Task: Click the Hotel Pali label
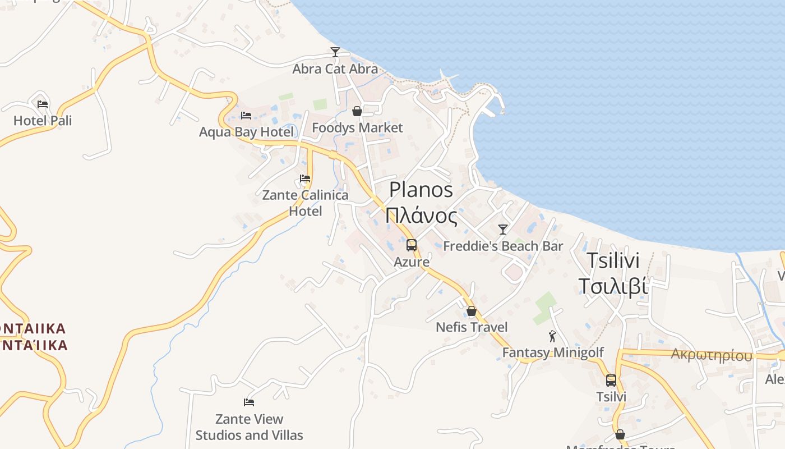pos(43,121)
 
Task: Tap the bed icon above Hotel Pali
pos(43,104)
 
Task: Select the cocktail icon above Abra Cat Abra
pos(335,52)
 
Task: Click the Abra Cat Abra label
pos(335,69)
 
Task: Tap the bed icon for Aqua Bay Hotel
pos(246,116)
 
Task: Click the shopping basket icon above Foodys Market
pos(357,111)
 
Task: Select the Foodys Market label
pos(357,128)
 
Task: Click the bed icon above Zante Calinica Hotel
pos(305,178)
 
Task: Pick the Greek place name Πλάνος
pos(421,216)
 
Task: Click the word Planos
pos(421,190)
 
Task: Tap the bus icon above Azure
pos(412,245)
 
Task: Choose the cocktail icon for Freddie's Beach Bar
pos(503,229)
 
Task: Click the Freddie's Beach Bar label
pos(503,246)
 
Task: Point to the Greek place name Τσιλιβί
pos(613,286)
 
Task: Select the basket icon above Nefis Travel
pos(472,311)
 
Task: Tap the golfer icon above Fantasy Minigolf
pos(552,336)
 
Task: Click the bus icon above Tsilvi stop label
pos(611,381)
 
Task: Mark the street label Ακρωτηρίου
pos(712,355)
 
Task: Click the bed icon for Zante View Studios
pos(249,402)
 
